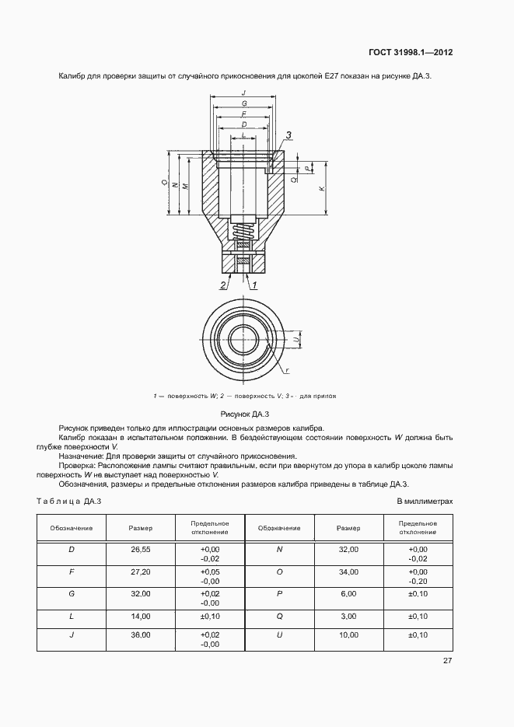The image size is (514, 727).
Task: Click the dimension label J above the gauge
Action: tap(244, 93)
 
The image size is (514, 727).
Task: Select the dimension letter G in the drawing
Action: tap(244, 103)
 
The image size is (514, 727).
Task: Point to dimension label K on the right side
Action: tap(323, 189)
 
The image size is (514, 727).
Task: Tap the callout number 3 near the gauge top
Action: tap(288, 135)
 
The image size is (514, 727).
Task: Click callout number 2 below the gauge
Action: tap(223, 285)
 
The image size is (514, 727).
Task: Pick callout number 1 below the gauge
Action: tap(254, 285)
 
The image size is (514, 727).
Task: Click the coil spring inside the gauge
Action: tap(243, 231)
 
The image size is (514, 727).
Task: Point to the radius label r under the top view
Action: tap(288, 370)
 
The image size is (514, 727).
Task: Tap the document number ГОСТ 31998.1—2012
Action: tap(411, 53)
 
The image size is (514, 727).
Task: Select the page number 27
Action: tap(447, 660)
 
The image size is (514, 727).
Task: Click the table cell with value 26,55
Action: tap(141, 549)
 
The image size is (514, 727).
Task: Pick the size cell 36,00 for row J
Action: tap(141, 635)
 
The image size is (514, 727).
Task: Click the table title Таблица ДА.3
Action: tap(69, 502)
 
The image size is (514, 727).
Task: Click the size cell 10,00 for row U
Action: tap(348, 635)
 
